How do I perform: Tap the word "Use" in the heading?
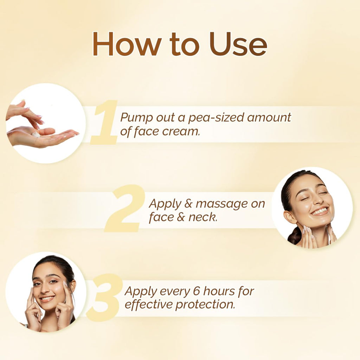pyautogui.click(x=238, y=44)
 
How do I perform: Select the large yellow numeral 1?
pyautogui.click(x=104, y=122)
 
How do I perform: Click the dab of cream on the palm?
pyautogui.click(x=36, y=134)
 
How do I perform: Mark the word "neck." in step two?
pyautogui.click(x=203, y=217)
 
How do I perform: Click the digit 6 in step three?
pyautogui.click(x=197, y=291)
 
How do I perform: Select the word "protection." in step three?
pyautogui.click(x=205, y=305)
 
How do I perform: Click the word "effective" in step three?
pyautogui.click(x=149, y=304)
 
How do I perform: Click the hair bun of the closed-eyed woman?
pyautogui.click(x=294, y=235)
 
